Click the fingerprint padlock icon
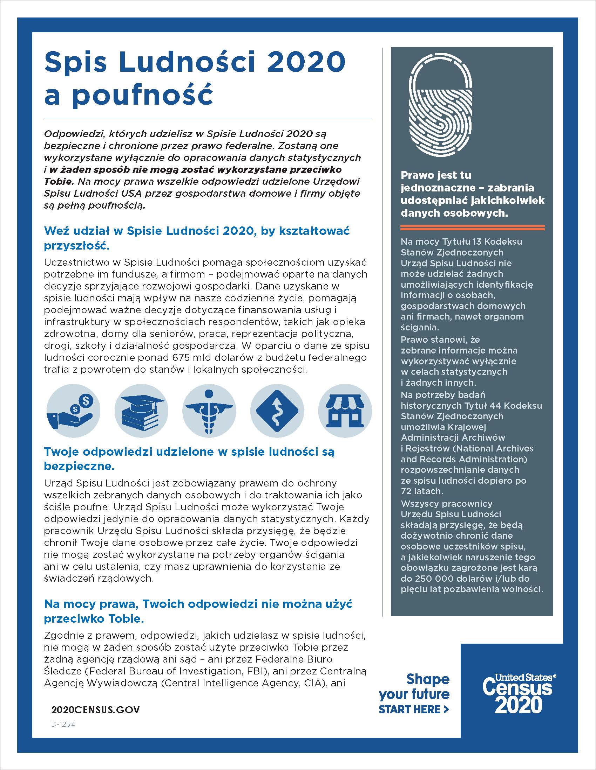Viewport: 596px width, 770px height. click(x=440, y=106)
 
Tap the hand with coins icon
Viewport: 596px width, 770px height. click(x=73, y=411)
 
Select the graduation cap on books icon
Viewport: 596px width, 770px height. click(x=141, y=411)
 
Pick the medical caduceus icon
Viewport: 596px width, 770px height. click(x=209, y=411)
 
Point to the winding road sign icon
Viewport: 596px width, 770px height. click(x=277, y=411)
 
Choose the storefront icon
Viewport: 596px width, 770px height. click(x=345, y=411)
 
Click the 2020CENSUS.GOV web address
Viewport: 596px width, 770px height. click(x=95, y=710)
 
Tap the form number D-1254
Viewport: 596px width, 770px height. click(x=63, y=724)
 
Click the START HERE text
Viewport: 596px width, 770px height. click(x=413, y=709)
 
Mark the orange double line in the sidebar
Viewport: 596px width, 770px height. click(x=473, y=227)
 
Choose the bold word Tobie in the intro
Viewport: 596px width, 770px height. click(x=58, y=181)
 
